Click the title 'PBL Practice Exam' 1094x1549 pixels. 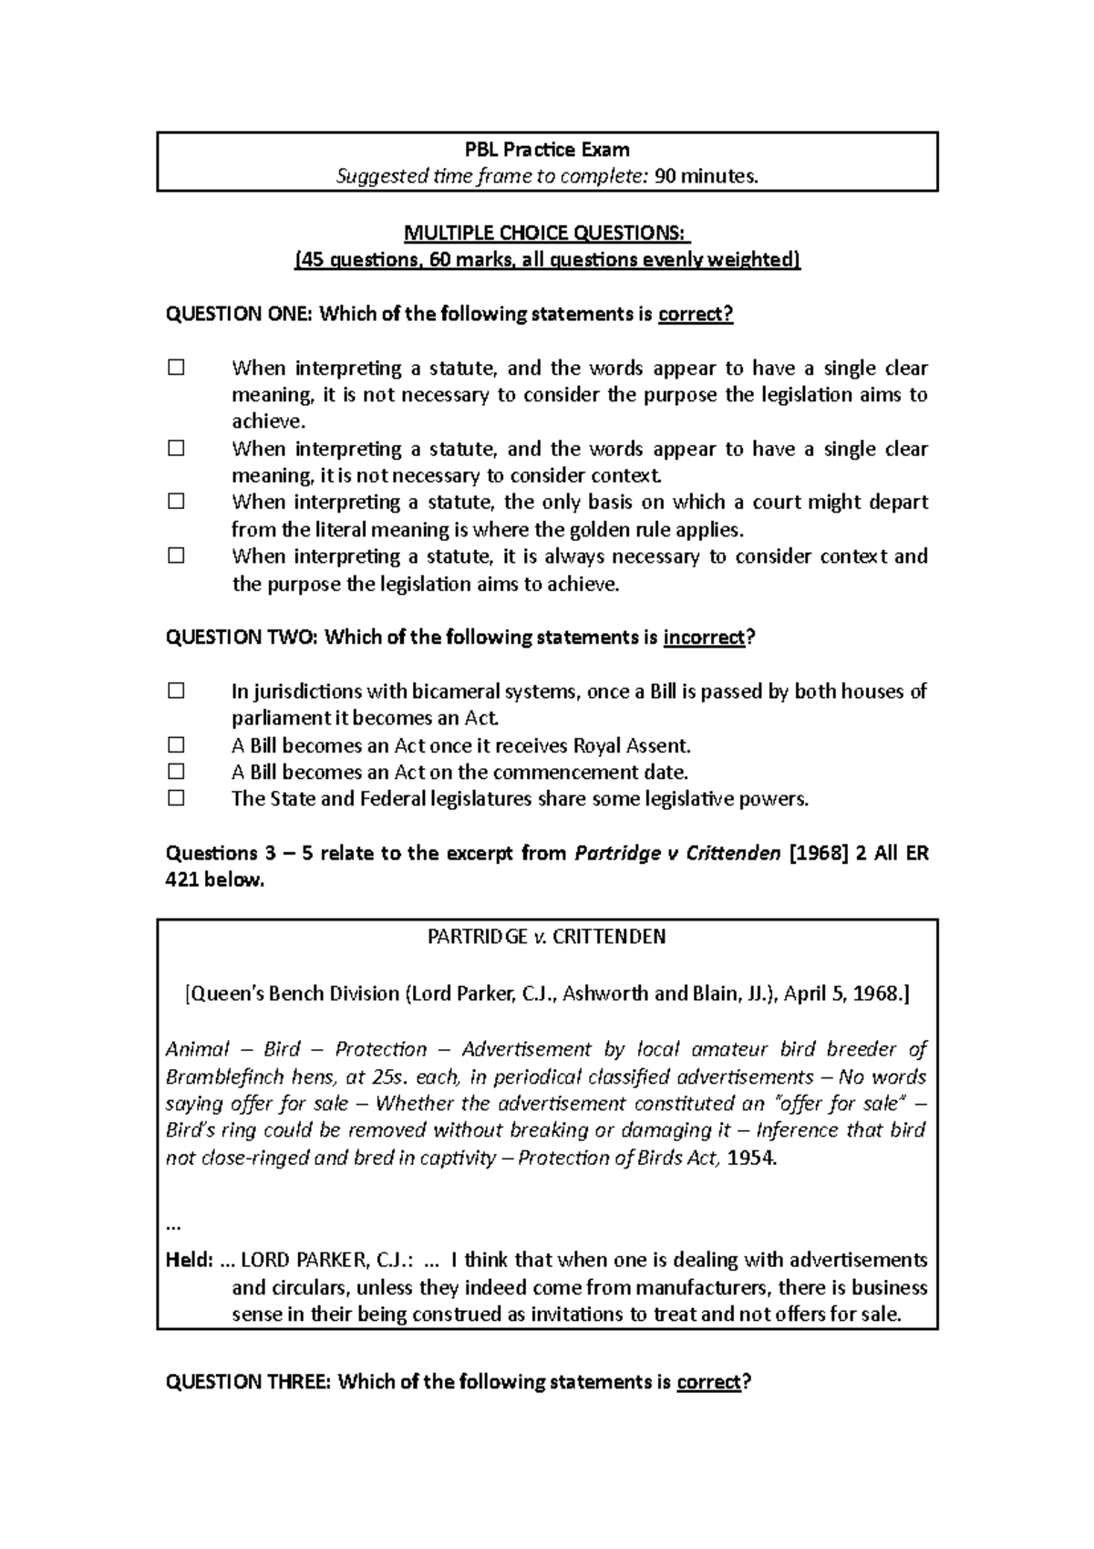pos(547,149)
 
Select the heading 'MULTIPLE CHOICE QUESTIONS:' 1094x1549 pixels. pos(547,233)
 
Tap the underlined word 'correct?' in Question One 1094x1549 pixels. pos(696,315)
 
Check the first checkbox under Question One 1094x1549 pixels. pos(176,369)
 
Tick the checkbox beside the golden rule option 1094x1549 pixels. pos(176,502)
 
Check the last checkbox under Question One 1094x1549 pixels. pos(176,556)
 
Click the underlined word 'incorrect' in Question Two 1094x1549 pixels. pos(704,638)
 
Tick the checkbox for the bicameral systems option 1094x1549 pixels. pos(176,691)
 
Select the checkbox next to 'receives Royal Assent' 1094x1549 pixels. pos(176,745)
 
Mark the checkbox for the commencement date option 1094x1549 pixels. pos(176,772)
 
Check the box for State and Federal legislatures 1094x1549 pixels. pos(176,799)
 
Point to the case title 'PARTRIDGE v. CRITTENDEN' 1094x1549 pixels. pos(547,937)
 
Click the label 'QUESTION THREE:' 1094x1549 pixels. pos(248,1382)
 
